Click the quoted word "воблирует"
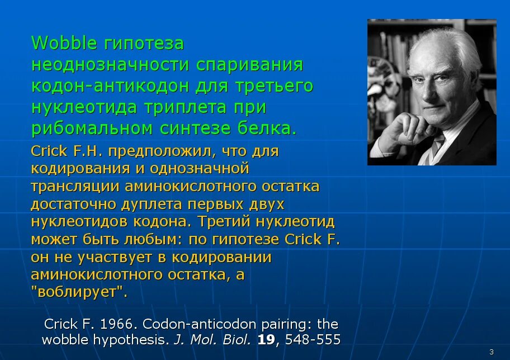(79, 291)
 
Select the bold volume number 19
(266, 339)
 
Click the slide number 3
(492, 352)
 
